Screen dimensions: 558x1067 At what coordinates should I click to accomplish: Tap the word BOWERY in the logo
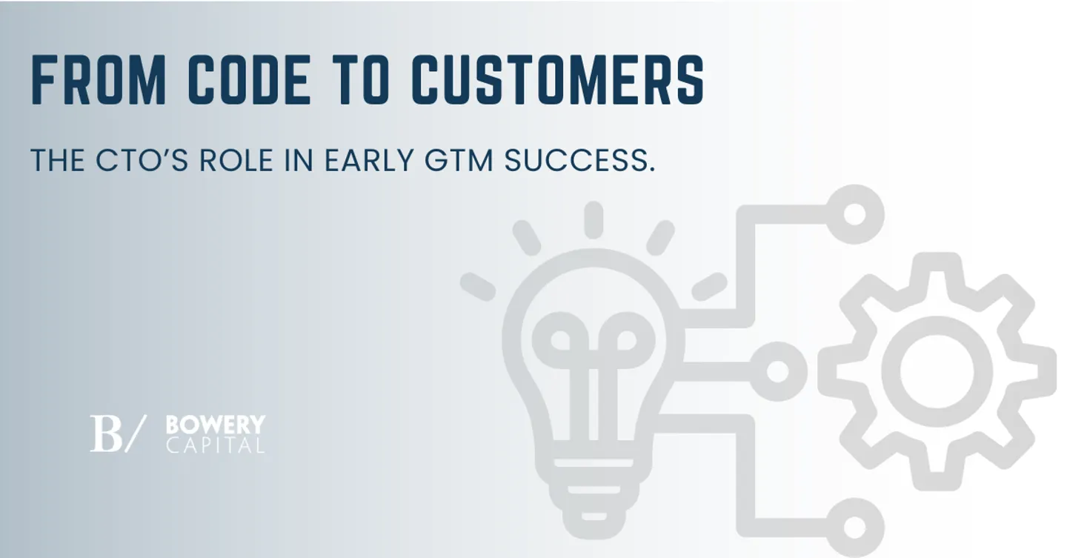pyautogui.click(x=215, y=425)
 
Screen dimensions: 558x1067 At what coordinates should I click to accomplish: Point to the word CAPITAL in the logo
pyautogui.click(x=215, y=445)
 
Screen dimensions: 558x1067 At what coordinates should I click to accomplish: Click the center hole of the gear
pyautogui.click(x=937, y=368)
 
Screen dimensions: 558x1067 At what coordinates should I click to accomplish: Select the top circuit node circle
pyautogui.click(x=854, y=215)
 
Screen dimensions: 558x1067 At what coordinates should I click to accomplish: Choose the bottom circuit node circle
pyautogui.click(x=854, y=527)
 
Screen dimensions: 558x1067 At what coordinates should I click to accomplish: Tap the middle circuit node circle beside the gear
pyautogui.click(x=777, y=371)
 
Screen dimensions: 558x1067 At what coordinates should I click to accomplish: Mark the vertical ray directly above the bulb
pyautogui.click(x=593, y=219)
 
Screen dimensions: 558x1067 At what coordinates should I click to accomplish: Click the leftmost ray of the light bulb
pyautogui.click(x=477, y=285)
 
